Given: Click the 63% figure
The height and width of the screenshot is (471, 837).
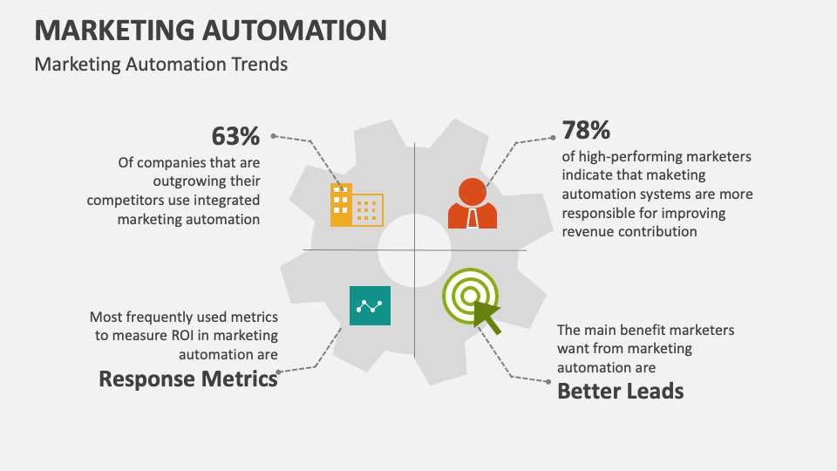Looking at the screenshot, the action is [x=235, y=136].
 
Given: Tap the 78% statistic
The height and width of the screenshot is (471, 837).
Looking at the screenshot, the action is [x=586, y=130].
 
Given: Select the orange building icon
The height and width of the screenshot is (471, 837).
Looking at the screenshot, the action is [x=357, y=205].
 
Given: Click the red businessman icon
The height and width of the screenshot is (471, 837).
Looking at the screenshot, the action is [x=473, y=203].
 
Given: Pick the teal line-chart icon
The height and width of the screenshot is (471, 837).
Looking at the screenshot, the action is [x=370, y=305].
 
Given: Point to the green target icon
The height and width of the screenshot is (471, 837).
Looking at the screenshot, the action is [x=470, y=296].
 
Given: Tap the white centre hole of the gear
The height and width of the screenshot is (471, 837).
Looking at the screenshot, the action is [x=415, y=250].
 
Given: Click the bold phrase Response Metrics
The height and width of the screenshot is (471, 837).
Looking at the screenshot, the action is [x=188, y=379].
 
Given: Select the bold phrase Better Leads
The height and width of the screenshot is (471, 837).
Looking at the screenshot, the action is [x=620, y=392].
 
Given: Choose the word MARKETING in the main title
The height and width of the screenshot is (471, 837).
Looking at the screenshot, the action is [x=115, y=30].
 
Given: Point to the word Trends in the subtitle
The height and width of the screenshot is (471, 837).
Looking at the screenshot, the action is [x=260, y=64].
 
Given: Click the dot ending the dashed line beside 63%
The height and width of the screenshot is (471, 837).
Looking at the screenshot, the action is [x=273, y=136].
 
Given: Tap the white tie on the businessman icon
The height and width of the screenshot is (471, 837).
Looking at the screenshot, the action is [x=473, y=218].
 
